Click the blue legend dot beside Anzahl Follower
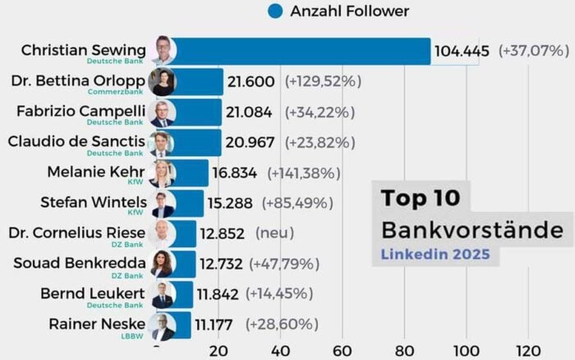(x=275, y=12)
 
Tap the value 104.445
(x=462, y=51)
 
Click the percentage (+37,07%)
(x=533, y=51)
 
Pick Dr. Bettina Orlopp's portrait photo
(x=163, y=82)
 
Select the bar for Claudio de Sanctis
(x=197, y=142)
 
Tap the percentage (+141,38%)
(x=307, y=173)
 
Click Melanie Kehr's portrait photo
(x=163, y=173)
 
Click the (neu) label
(x=274, y=233)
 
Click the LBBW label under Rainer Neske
(x=132, y=335)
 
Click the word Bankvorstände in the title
(x=471, y=229)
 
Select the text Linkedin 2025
(x=435, y=254)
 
